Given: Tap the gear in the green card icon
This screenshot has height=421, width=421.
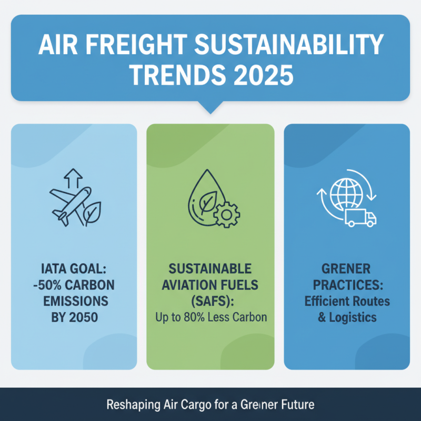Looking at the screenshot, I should click(x=227, y=214).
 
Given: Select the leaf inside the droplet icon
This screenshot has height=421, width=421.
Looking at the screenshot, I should click(x=207, y=199).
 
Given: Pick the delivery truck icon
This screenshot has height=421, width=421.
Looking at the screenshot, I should click(x=360, y=217).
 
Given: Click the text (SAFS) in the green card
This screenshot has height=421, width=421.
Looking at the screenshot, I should click(x=210, y=302).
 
